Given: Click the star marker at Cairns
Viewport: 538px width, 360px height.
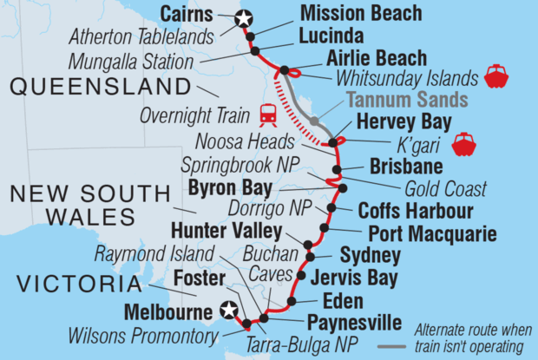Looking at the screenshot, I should pyautogui.click(x=244, y=16).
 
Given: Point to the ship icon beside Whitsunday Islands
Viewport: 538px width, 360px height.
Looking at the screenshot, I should pyautogui.click(x=495, y=75).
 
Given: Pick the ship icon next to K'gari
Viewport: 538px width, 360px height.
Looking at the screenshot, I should pyautogui.click(x=464, y=142).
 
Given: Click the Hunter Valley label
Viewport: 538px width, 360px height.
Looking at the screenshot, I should pyautogui.click(x=226, y=231).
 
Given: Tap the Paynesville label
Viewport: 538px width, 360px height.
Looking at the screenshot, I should pyautogui.click(x=352, y=324).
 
